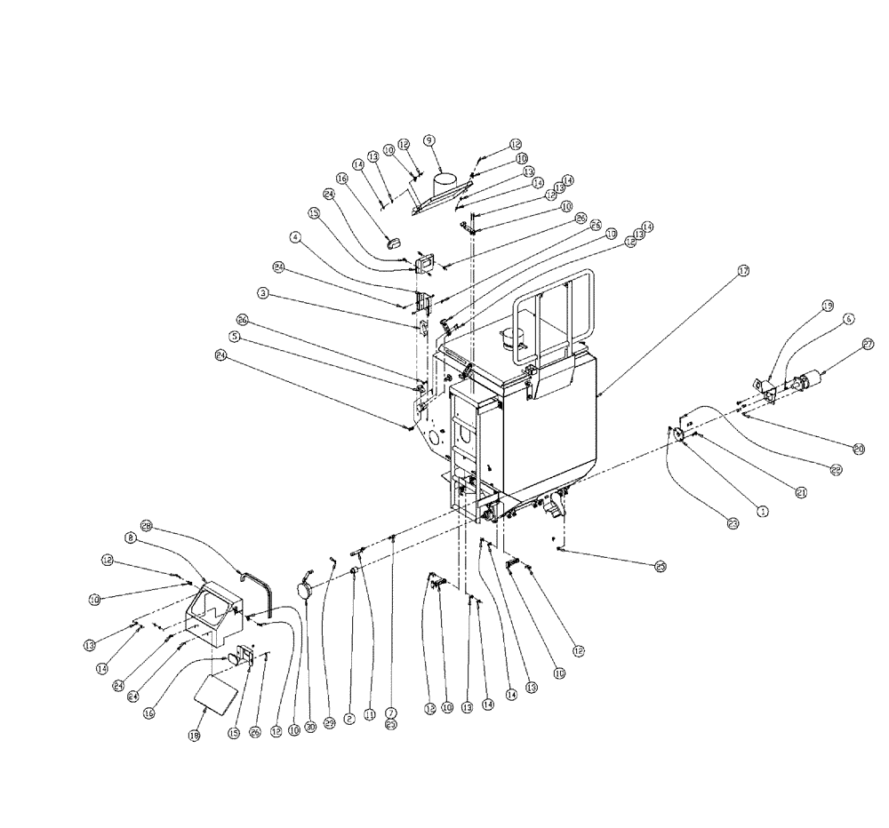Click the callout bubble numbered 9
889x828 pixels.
(x=428, y=140)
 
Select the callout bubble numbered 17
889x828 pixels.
(x=744, y=272)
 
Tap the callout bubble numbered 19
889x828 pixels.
(x=827, y=307)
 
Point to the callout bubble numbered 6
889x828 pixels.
(x=848, y=318)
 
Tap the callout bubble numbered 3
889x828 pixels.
(x=263, y=292)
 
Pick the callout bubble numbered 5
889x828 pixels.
(x=235, y=337)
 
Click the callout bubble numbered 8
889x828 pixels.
(x=130, y=537)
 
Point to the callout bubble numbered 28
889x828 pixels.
(x=146, y=526)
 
